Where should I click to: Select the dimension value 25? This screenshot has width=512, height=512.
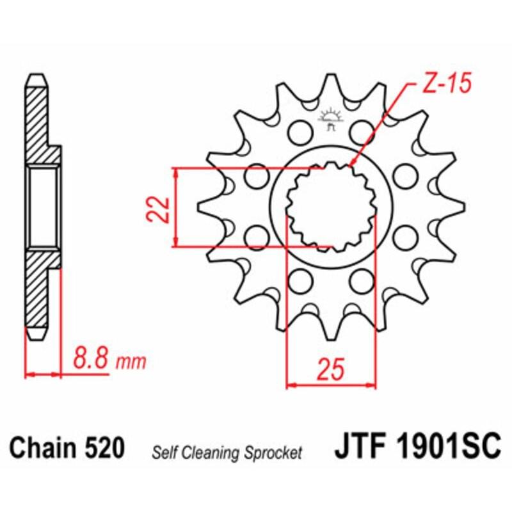(331, 369)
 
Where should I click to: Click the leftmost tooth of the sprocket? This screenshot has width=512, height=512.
(205, 207)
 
